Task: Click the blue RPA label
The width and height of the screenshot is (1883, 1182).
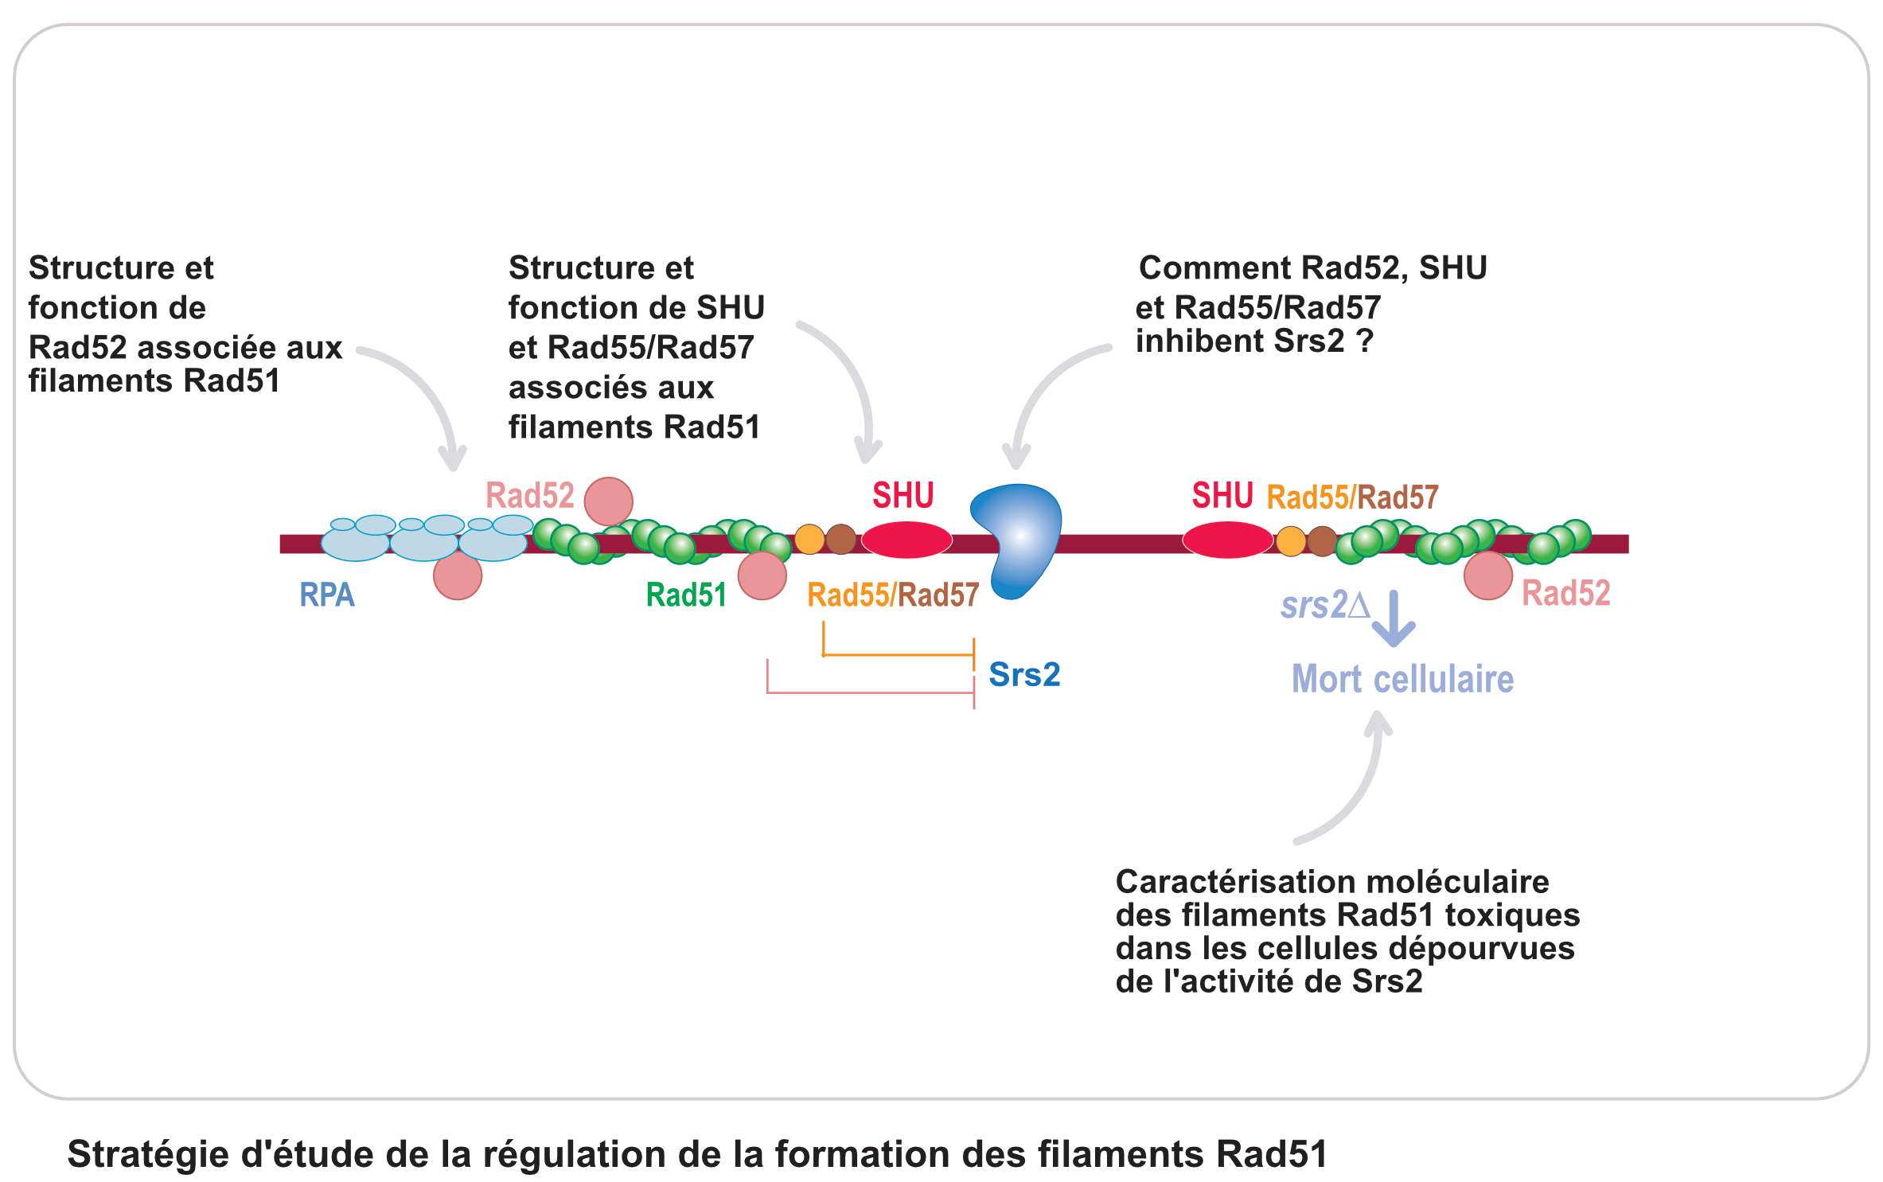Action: coord(326,595)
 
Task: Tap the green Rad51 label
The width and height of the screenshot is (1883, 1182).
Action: coord(686,595)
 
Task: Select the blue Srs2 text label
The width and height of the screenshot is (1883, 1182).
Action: coord(1024,674)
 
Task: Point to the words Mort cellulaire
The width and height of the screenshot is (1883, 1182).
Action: coord(1402,679)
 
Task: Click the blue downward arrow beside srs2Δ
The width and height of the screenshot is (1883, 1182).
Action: coord(1394,618)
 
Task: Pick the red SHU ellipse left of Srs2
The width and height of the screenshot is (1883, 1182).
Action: coord(906,540)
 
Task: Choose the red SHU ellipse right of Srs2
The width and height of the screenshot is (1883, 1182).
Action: coord(1227,540)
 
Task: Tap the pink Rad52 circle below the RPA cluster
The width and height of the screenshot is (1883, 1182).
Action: coord(458,575)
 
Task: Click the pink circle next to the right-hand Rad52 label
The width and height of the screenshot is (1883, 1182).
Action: coord(1487,575)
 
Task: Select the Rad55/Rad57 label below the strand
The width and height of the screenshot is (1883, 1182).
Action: coord(893,595)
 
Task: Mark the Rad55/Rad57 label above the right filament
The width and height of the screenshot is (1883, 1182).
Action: coord(1352,497)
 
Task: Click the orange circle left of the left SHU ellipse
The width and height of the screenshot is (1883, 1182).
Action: coord(809,539)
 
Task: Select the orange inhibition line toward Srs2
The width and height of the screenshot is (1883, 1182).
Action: coord(898,654)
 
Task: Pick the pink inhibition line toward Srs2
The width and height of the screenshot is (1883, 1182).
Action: coord(870,692)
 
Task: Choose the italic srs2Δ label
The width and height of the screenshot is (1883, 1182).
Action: coord(1324,605)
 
